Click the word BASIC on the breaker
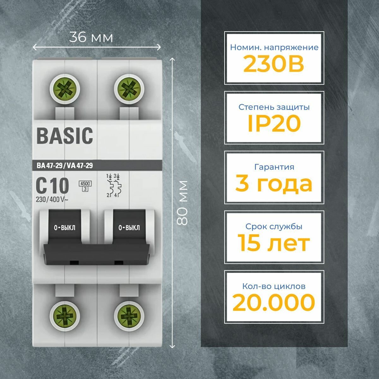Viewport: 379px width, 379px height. tap(65, 136)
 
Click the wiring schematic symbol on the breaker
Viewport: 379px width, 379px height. tap(113, 185)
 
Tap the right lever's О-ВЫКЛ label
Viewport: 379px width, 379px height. tap(129, 228)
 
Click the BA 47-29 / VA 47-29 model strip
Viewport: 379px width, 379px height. tap(65, 165)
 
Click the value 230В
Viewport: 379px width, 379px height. tap(274, 64)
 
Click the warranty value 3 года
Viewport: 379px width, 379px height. tap(274, 184)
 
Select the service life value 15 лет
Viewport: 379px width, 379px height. tap(274, 243)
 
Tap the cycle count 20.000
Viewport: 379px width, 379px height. tap(274, 302)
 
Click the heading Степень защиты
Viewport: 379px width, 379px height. tap(274, 107)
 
